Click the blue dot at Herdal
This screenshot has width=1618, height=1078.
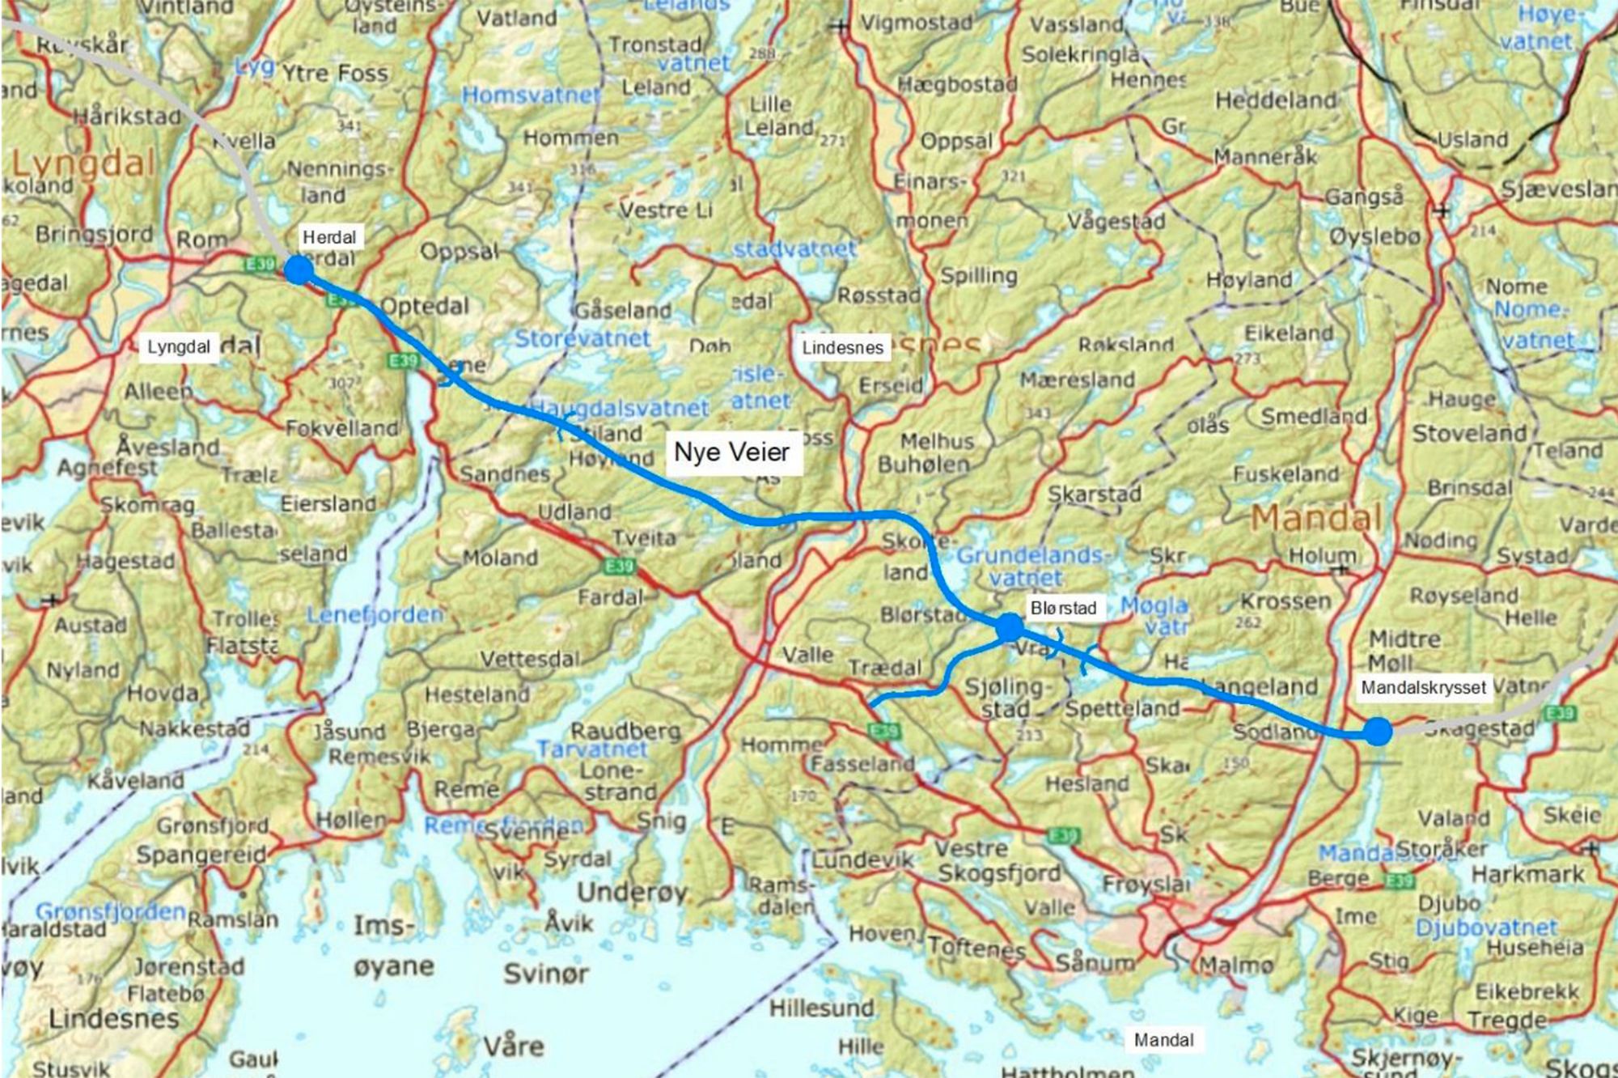299,269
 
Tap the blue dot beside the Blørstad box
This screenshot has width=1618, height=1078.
1010,627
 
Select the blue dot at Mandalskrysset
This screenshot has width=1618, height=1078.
1378,732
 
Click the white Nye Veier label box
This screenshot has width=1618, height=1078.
731,452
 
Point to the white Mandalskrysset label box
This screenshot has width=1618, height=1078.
1423,688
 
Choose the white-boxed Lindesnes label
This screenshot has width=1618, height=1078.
842,348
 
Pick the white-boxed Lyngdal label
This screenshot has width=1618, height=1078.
178,347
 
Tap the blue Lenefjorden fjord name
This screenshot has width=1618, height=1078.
375,615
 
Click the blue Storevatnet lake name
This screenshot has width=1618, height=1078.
582,338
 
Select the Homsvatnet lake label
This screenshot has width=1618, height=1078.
531,95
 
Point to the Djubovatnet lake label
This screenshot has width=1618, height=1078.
1486,927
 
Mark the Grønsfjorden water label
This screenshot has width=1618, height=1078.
111,912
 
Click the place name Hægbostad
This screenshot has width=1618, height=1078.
957,83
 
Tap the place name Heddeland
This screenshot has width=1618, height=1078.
1276,100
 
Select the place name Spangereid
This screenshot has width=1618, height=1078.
201,855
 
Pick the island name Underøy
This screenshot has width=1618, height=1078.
632,892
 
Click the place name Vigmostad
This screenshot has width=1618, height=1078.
916,23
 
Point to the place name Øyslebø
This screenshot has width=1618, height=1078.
1374,237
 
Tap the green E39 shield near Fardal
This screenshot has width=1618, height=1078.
619,566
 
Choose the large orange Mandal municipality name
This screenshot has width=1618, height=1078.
1316,518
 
